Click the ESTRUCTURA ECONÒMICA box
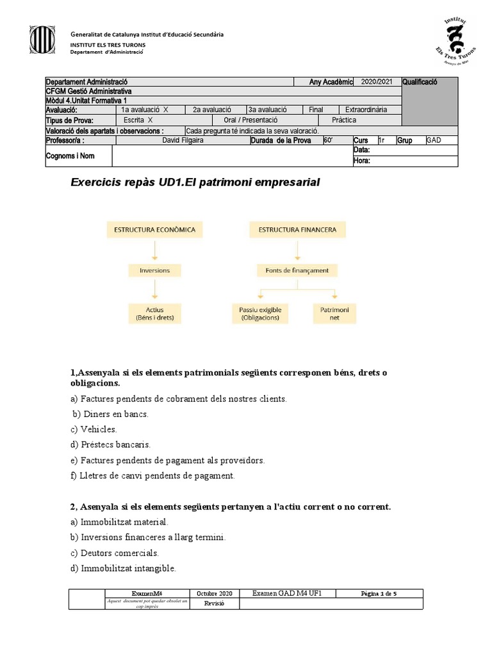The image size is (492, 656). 154,229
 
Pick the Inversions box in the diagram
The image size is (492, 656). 154,270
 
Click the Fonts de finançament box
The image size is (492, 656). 297,270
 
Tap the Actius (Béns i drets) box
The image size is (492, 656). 154,313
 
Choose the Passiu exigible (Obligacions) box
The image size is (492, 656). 260,313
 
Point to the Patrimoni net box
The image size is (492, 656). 334,313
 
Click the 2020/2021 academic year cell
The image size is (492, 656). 377,82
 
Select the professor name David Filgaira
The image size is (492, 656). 183,140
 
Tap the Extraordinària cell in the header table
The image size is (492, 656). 366,110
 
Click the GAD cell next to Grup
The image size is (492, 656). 434,140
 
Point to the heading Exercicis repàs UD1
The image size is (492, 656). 194,183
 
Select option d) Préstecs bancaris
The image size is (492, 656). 111,445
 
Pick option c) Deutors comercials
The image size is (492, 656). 115,553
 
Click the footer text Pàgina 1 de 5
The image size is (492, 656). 379,594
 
